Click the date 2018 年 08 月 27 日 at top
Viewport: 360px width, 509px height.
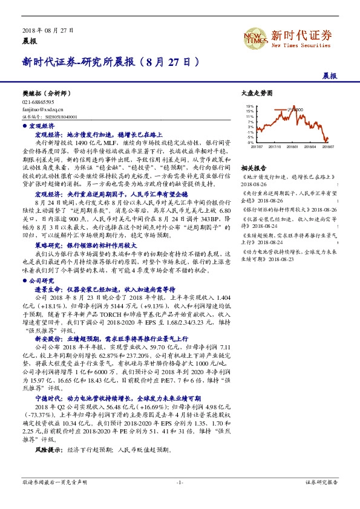[47, 30]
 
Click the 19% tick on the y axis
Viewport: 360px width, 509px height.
[249, 107]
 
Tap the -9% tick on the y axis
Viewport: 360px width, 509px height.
[249, 143]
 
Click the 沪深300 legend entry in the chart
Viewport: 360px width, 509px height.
[296, 108]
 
